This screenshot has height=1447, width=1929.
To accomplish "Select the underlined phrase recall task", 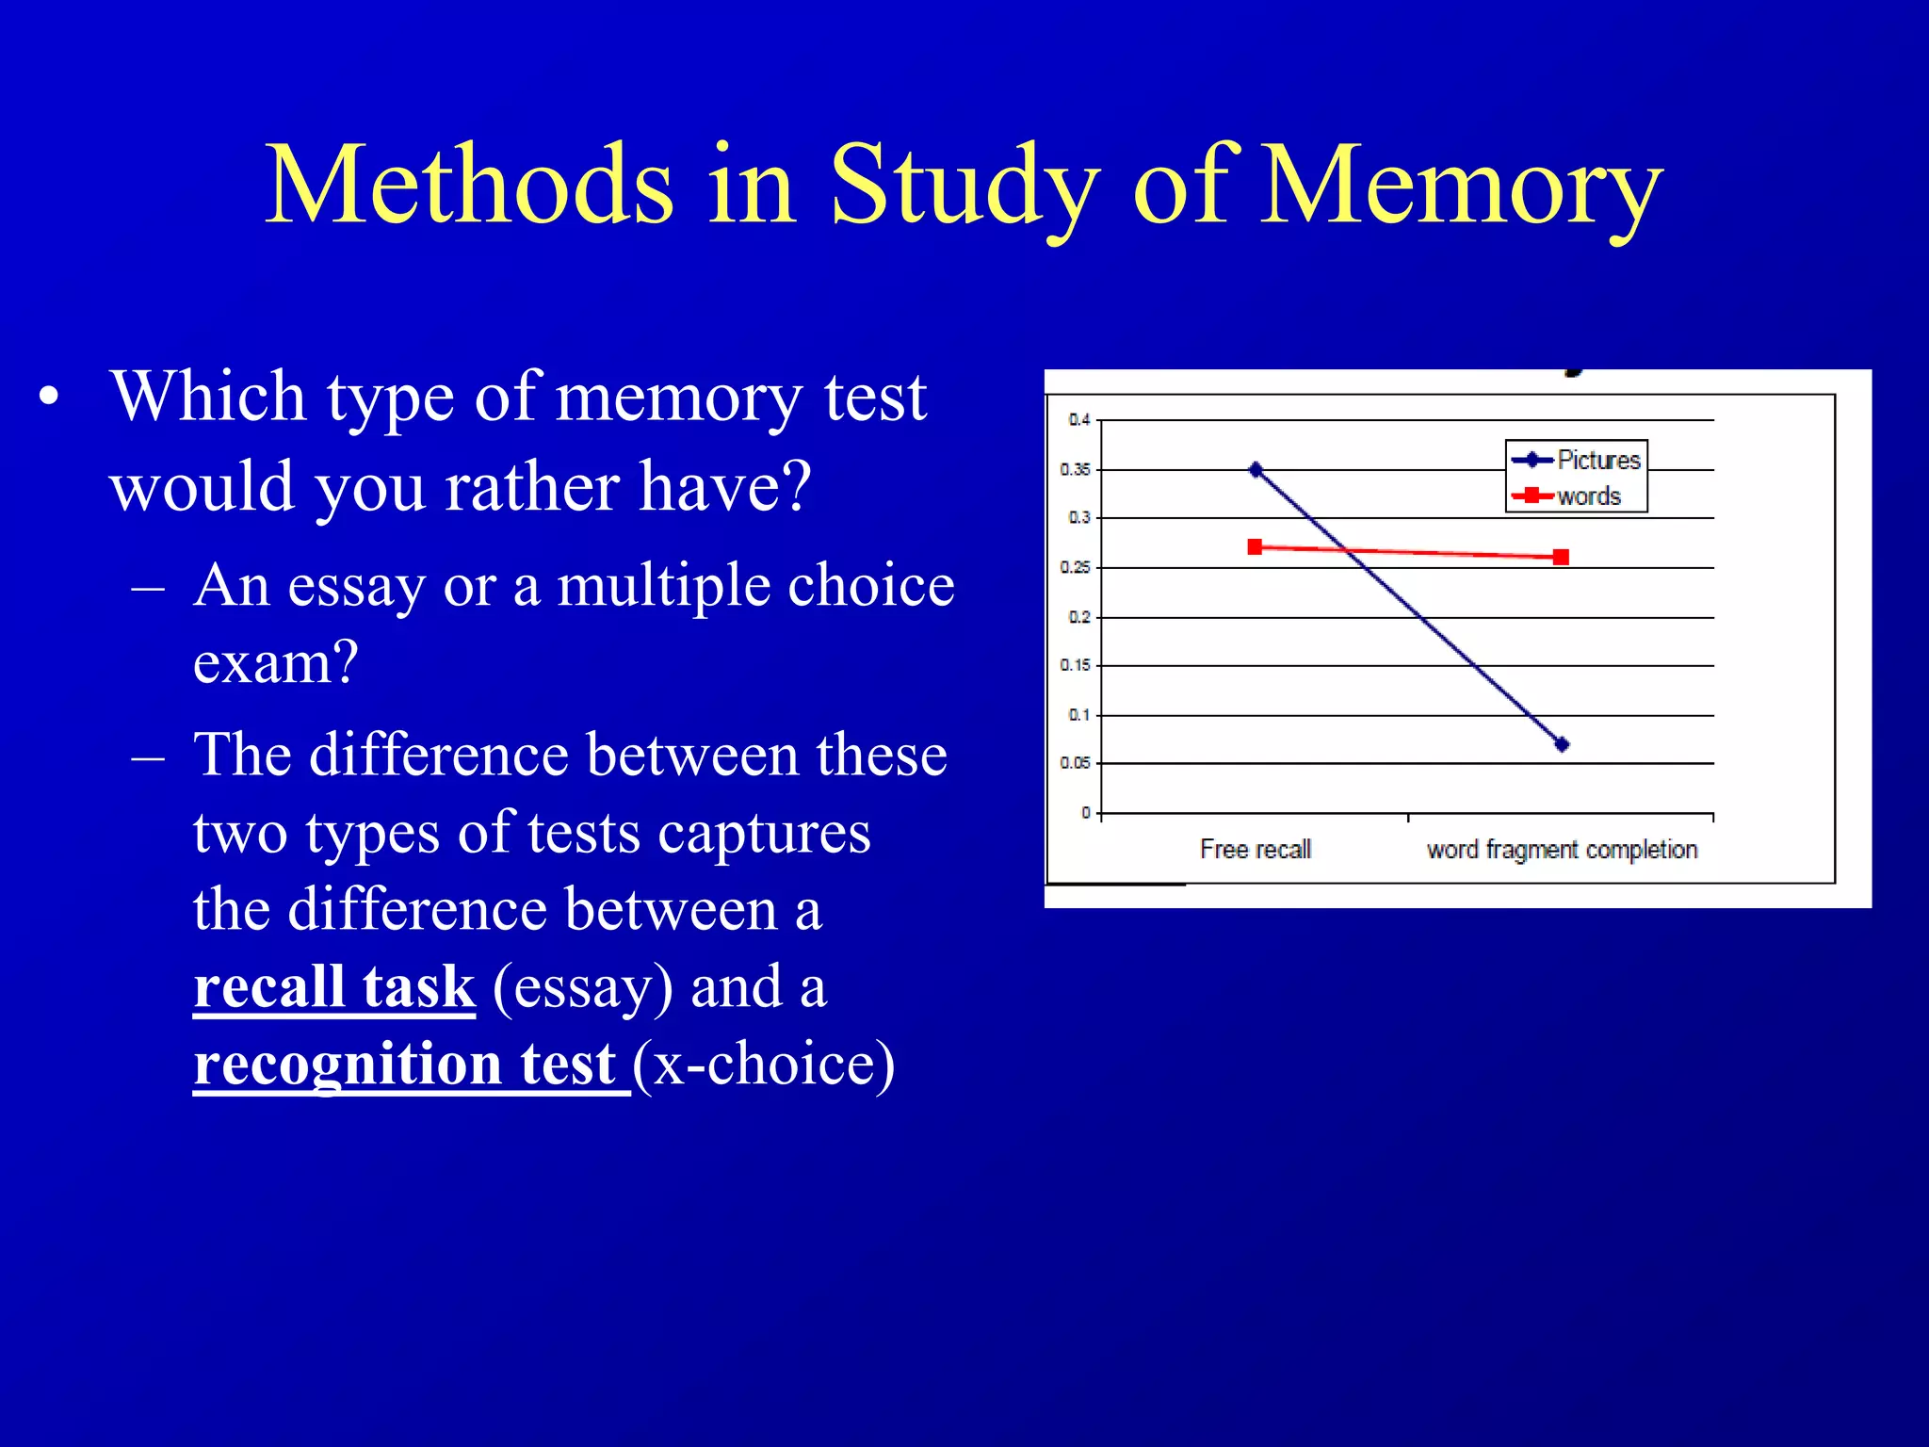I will [334, 987].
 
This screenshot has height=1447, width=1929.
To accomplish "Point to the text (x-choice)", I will [764, 1065].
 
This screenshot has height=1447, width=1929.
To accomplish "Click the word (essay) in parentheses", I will [583, 987].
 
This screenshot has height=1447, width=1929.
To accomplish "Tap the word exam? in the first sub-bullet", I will [276, 662].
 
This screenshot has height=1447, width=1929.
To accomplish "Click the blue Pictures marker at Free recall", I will [1256, 469].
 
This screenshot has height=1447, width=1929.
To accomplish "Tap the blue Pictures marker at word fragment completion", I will [1562, 744].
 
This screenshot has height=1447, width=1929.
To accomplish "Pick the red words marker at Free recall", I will [1255, 547].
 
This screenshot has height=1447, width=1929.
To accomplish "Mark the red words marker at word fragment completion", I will [1561, 557].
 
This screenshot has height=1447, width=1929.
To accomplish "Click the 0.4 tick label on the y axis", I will [1078, 420].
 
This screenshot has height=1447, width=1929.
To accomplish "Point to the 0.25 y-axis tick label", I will [1075, 567].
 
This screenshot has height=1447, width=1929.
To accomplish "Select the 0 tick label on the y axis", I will [1086, 812].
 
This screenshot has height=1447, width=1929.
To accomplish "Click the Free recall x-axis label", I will [1256, 850].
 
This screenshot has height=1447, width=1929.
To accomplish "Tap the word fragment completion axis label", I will [1562, 850].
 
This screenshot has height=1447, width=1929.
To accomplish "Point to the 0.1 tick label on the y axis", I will [1078, 715].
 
